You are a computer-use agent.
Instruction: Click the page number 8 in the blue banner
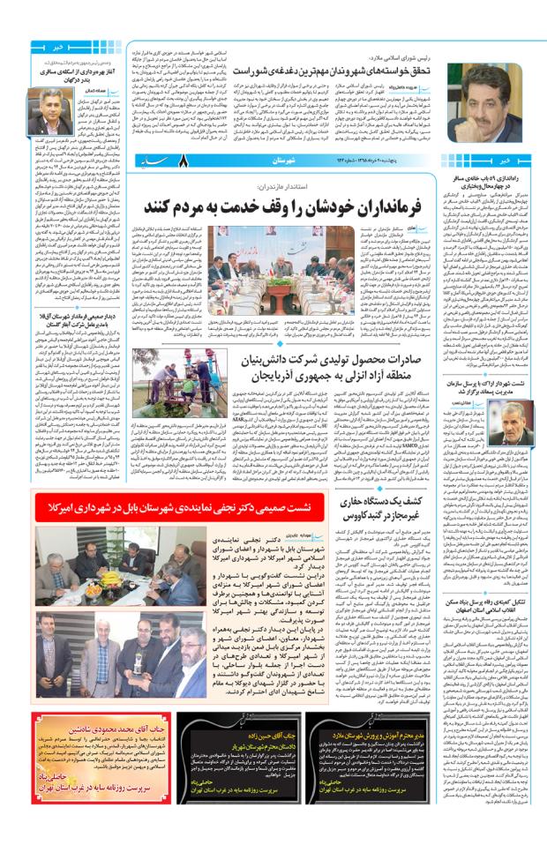pyautogui.click(x=186, y=161)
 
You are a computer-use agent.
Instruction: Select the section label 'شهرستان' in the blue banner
pyautogui.click(x=278, y=161)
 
